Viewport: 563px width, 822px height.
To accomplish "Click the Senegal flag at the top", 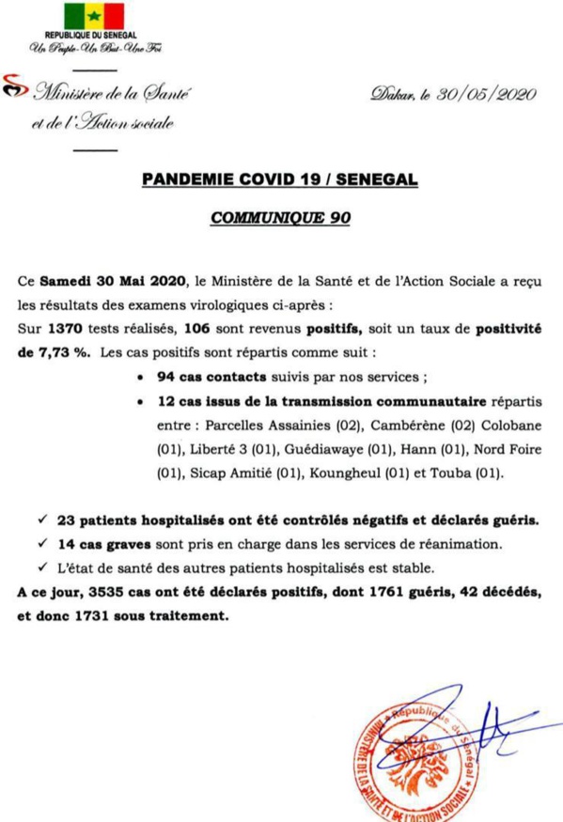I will [93, 16].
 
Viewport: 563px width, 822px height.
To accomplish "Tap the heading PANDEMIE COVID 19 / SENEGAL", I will [280, 178].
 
